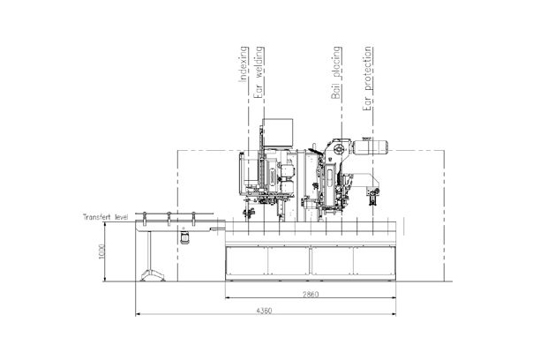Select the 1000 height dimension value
102,251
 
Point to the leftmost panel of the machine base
246,261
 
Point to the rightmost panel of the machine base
374,261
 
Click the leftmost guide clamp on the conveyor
147,217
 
